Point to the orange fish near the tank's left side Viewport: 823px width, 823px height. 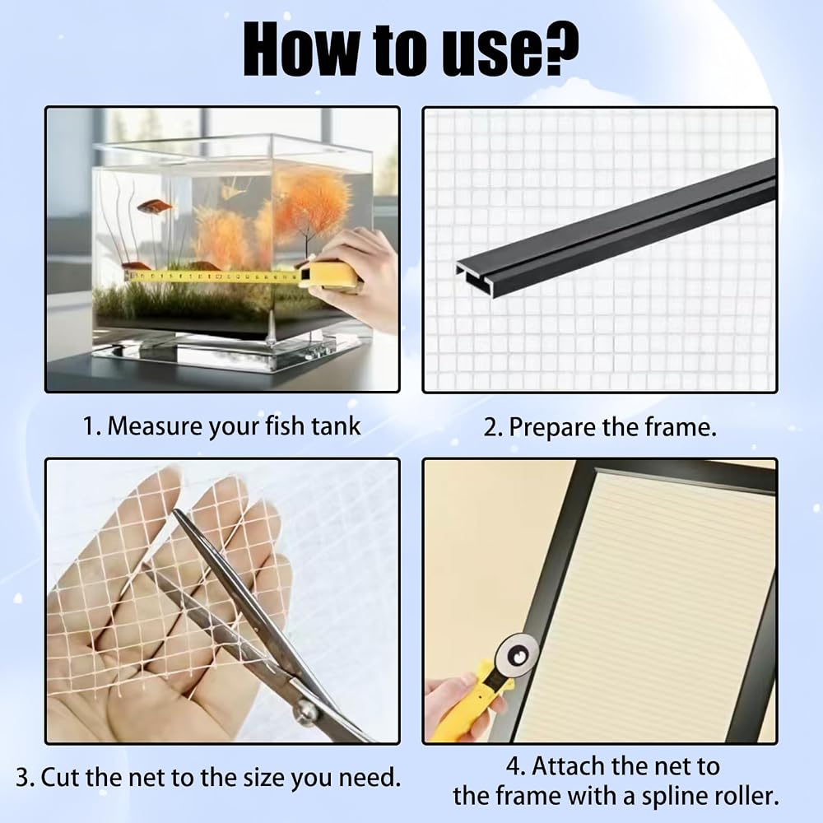[155, 207]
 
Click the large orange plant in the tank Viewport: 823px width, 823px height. [309, 202]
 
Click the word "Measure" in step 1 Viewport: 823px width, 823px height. [156, 425]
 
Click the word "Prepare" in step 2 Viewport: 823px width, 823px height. [552, 428]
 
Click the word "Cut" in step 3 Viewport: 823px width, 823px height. [61, 778]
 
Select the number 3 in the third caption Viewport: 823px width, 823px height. [22, 778]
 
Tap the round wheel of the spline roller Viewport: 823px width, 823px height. [518, 655]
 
